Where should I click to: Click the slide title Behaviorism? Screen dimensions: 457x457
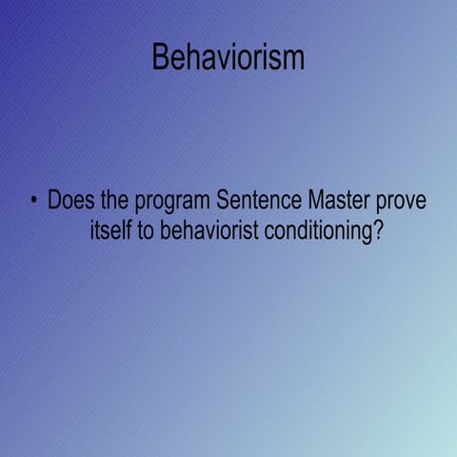228,57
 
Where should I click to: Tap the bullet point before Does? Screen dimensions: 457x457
34,202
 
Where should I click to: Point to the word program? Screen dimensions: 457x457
172,204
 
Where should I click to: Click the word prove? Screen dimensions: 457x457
401,204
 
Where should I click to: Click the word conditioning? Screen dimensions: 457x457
319,232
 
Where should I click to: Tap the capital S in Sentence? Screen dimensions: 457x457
224,202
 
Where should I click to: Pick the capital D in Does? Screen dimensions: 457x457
55,202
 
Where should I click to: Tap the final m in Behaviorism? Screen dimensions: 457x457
293,59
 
